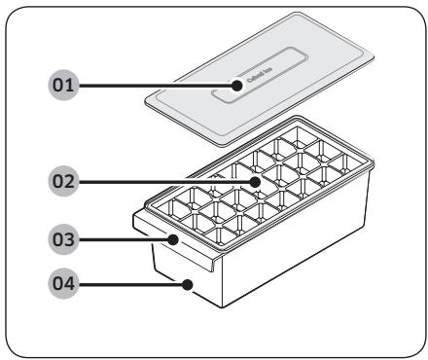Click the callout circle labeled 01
coord(63,86)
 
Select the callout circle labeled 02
coord(63,182)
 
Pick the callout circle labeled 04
coord(63,286)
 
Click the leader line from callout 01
coord(156,86)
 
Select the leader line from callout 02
coord(165,182)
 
